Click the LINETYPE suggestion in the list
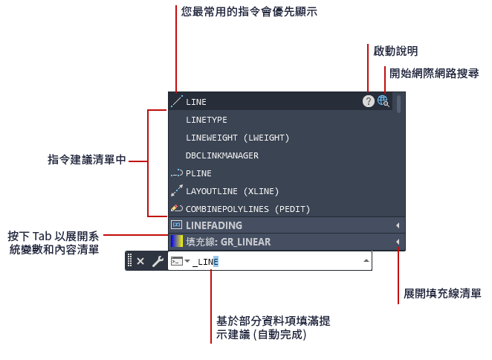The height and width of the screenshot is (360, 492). [x=206, y=120]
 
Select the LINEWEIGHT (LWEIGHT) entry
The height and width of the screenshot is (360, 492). [x=237, y=138]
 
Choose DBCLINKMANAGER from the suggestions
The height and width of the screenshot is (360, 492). [x=221, y=155]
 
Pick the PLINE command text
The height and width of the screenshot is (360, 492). [x=198, y=173]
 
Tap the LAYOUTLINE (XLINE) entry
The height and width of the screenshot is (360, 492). [x=232, y=191]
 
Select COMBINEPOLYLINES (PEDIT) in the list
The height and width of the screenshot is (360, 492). [x=247, y=209]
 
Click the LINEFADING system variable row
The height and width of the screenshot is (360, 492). [x=286, y=225]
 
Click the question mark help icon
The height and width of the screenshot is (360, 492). [x=369, y=101]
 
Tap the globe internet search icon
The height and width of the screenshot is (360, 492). [x=383, y=101]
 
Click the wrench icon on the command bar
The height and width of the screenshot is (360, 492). [x=158, y=261]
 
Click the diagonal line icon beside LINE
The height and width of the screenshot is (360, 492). [x=177, y=101]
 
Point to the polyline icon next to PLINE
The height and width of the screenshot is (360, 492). [x=177, y=173]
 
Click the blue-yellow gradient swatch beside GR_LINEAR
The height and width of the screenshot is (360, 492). [x=177, y=242]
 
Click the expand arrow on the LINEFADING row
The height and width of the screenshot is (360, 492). [x=398, y=225]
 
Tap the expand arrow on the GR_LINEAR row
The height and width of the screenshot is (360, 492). [x=398, y=242]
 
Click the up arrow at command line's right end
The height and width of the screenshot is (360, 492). [x=366, y=260]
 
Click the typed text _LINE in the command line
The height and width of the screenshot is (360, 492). [x=205, y=262]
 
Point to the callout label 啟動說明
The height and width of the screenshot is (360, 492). [x=395, y=51]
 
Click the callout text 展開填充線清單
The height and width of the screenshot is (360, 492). [x=442, y=294]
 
